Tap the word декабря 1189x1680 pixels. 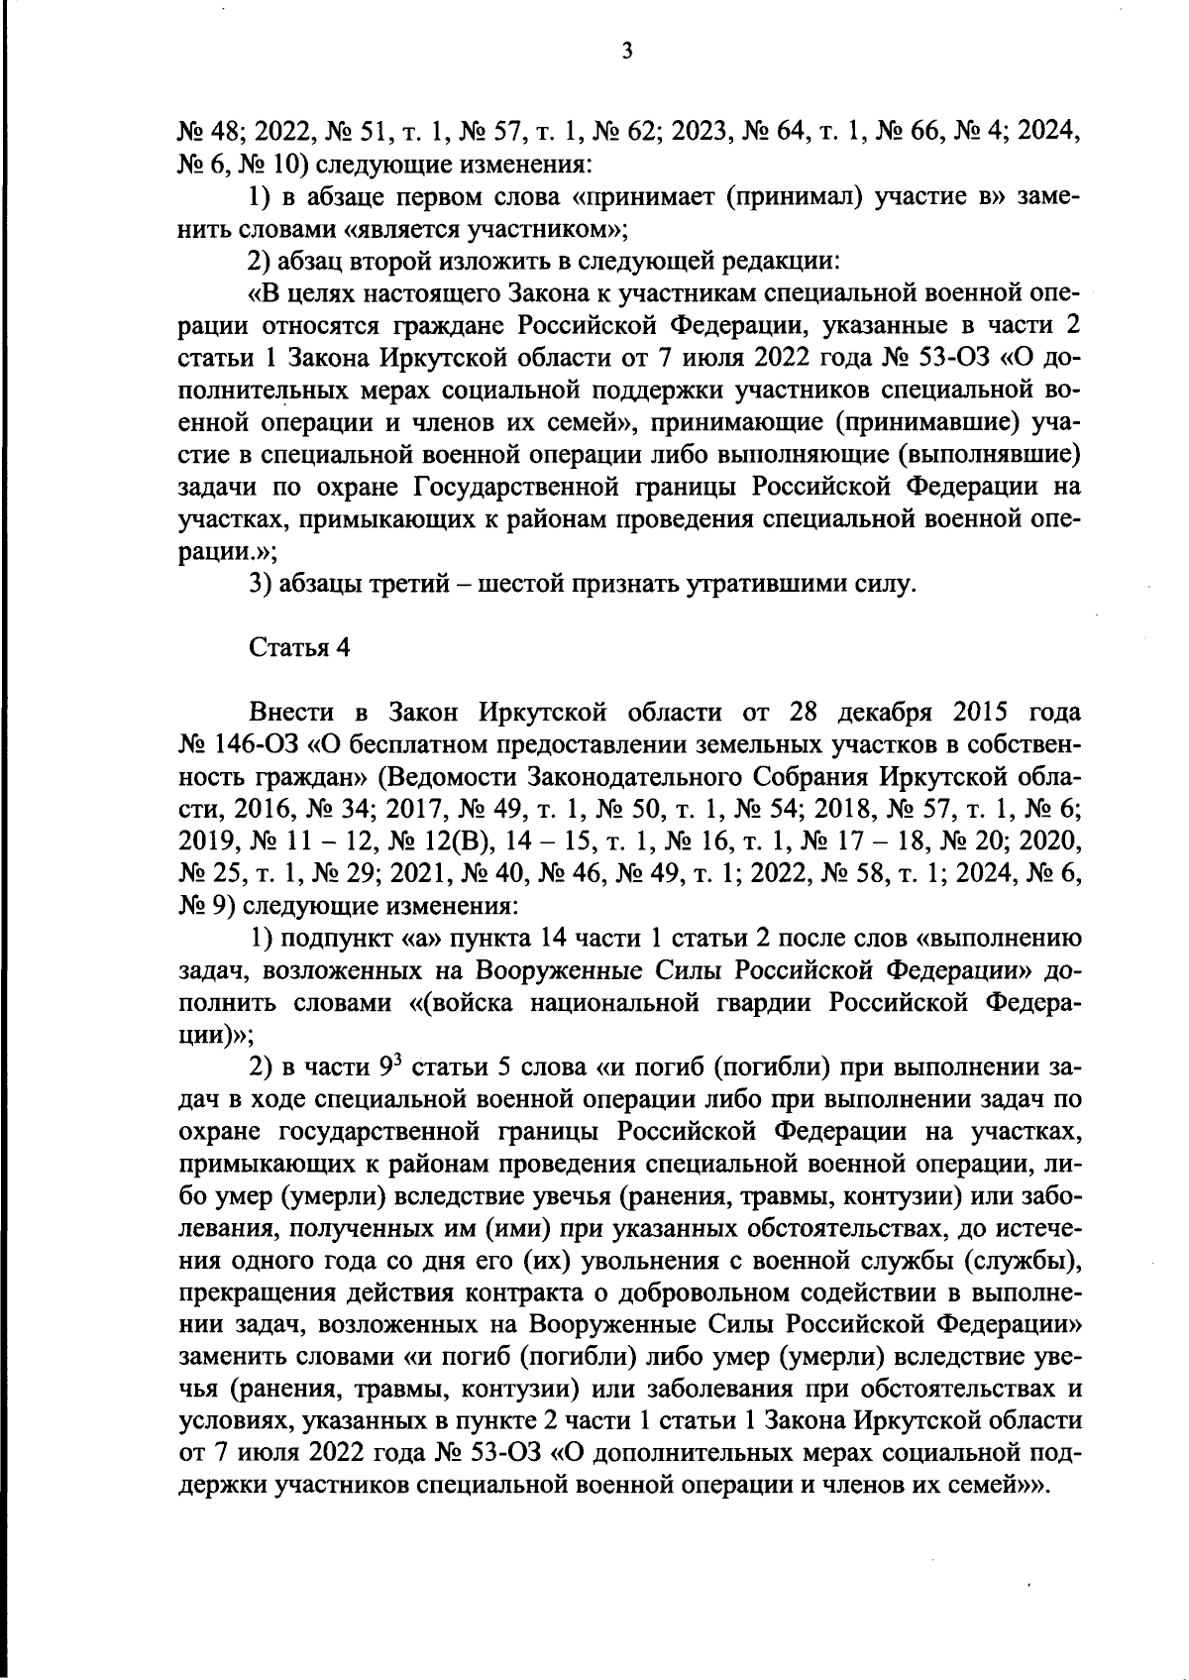click(x=877, y=713)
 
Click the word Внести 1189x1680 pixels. click(x=289, y=713)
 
